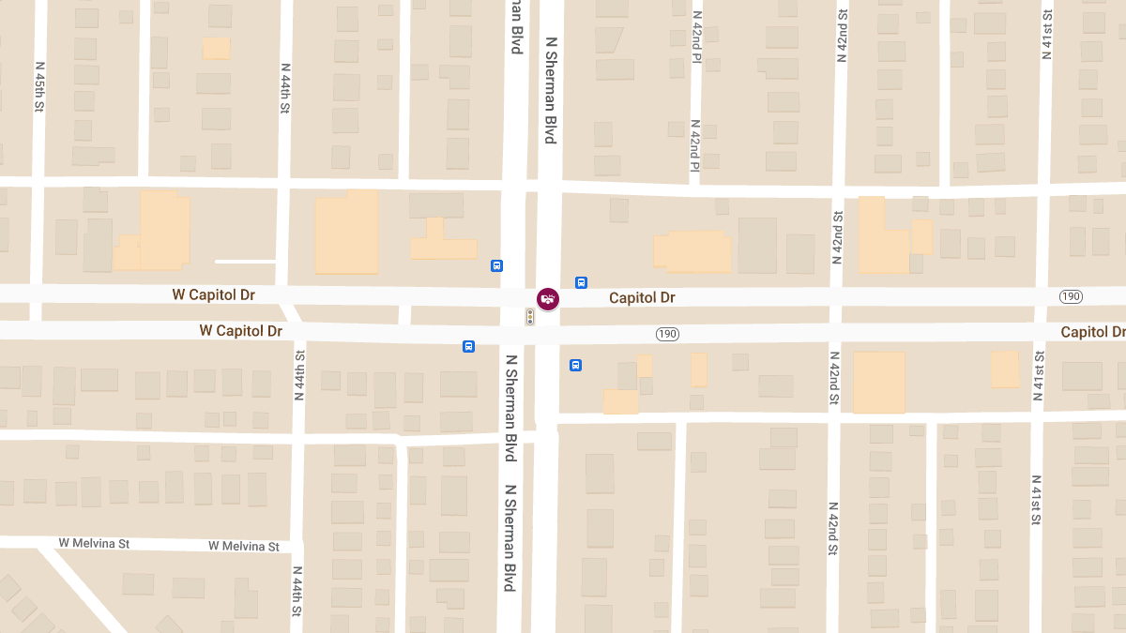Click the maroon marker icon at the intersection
[x=548, y=298]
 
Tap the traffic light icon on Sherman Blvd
[x=530, y=317]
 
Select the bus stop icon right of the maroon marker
[x=581, y=282]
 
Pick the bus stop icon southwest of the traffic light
[x=468, y=346]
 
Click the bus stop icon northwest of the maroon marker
[x=496, y=265]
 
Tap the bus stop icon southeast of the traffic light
[x=575, y=365]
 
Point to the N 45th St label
[x=39, y=87]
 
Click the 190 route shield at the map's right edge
[x=1071, y=296]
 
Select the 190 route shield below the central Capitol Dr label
[x=667, y=334]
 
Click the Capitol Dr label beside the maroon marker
[x=642, y=298]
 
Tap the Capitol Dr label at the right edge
[x=1093, y=332]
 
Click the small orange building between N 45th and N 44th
[x=216, y=48]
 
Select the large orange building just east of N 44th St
[x=346, y=234]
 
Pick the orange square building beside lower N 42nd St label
[x=879, y=382]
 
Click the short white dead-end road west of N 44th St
[x=245, y=262]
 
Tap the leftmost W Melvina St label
[x=94, y=543]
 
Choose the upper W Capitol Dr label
[x=214, y=294]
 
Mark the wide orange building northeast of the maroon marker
[x=692, y=251]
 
